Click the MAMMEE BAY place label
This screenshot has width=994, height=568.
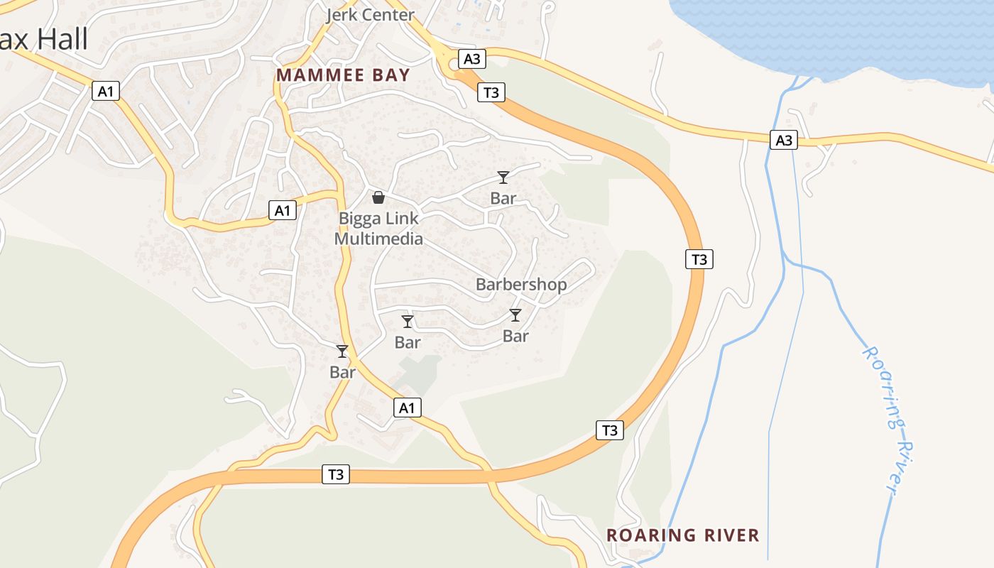tap(343, 75)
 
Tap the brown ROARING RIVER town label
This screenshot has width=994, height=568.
tap(683, 535)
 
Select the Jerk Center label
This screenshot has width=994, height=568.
tap(370, 15)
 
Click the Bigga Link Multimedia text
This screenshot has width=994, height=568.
tap(378, 228)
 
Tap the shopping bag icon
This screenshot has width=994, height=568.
tap(378, 197)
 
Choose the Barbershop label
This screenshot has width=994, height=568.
tap(521, 285)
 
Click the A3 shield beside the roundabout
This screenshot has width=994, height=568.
tap(472, 58)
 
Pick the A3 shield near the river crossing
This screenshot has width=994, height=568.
tap(784, 140)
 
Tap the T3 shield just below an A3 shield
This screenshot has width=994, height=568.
tap(491, 92)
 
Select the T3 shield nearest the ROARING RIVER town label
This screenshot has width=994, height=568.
tap(609, 430)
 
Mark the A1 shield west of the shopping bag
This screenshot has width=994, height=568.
tap(283, 209)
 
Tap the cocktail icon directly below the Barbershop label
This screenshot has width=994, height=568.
tap(515, 315)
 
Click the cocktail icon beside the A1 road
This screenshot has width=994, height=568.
tap(342, 351)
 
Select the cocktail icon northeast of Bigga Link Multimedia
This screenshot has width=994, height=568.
tap(503, 177)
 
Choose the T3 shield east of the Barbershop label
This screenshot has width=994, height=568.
tap(699, 259)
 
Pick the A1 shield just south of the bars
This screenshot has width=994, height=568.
tap(406, 408)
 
